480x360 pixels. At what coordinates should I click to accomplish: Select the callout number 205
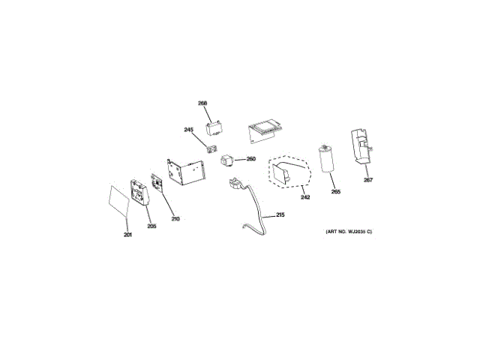point(151,226)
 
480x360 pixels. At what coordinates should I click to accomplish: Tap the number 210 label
point(175,219)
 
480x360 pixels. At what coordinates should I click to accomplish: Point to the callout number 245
point(189,130)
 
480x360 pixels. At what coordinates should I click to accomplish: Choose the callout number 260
point(251,159)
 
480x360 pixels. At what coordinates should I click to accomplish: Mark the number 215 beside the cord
point(280,215)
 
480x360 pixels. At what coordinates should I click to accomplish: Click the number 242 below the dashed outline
point(305,197)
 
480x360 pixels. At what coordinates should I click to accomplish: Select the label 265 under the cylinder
point(335,193)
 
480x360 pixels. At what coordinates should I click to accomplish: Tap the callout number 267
point(367,180)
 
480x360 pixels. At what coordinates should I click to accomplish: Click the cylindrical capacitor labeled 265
point(326,157)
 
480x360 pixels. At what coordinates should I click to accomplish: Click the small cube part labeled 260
point(227,159)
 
